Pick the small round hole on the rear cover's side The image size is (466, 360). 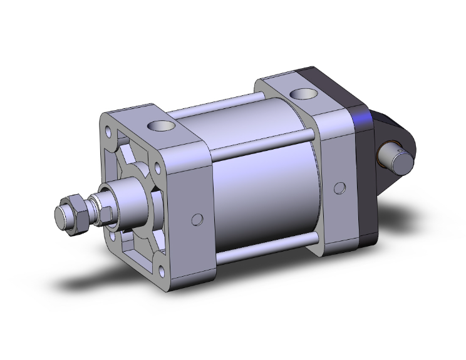coord(339,188)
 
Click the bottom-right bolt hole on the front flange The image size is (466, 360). coord(164,271)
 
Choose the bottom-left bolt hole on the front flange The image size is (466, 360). coord(113,236)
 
